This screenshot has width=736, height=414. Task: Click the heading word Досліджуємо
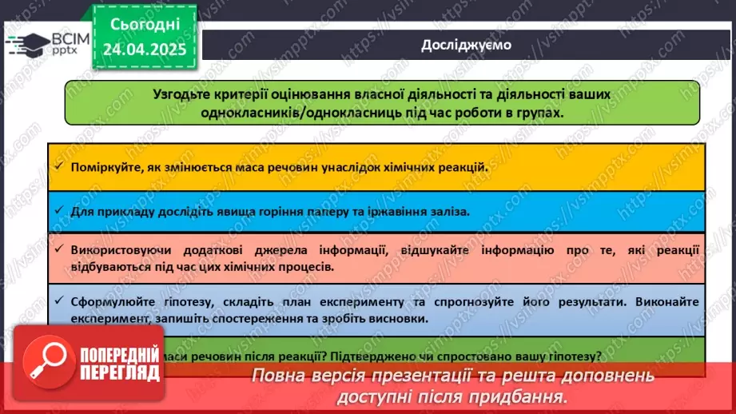point(467,45)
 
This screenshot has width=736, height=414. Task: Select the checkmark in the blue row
point(59,212)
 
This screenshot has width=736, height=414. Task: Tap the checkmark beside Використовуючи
point(59,251)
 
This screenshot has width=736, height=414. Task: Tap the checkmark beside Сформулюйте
point(59,302)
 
